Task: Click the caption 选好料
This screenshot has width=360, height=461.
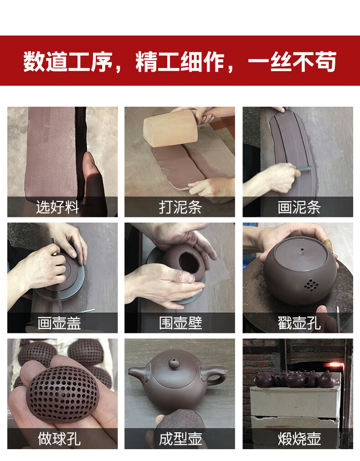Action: (57, 207)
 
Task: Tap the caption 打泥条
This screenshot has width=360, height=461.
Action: (180, 207)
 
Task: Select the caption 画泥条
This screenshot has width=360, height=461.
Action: (299, 207)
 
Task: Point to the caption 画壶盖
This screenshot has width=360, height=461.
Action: (59, 323)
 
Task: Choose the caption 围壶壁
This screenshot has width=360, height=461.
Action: (180, 323)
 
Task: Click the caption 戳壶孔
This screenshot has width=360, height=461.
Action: (299, 323)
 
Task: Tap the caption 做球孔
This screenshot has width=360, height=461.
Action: (59, 439)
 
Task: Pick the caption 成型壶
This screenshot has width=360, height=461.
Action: (180, 439)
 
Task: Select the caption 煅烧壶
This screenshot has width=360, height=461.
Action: (299, 439)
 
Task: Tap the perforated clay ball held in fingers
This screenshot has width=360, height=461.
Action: (62, 394)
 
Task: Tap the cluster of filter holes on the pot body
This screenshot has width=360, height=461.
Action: (311, 285)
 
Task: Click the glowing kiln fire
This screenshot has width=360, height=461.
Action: (335, 365)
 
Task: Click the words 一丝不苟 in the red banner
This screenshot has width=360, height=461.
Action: (292, 62)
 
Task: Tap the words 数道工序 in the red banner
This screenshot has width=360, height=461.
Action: (68, 62)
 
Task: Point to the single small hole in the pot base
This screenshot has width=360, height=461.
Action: (302, 250)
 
